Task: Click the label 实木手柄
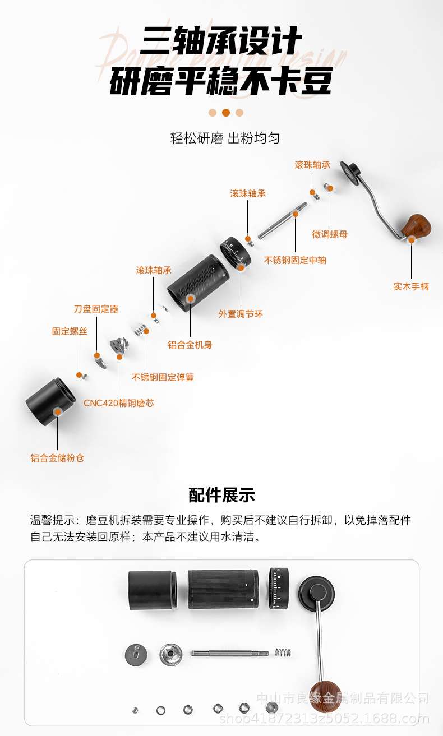tap(411, 286)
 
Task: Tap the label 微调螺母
tap(330, 234)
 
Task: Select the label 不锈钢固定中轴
tap(295, 260)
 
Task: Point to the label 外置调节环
tap(241, 314)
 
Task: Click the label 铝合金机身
tap(190, 345)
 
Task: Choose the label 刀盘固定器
tap(96, 309)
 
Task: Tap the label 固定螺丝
tap(70, 331)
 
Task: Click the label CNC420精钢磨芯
tap(118, 403)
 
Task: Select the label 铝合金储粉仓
tap(57, 458)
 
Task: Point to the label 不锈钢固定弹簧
tap(163, 377)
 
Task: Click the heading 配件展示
tap(221, 496)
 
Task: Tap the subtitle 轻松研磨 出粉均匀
tap(225, 138)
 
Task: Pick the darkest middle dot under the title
tap(225, 113)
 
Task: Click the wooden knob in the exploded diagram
tap(416, 226)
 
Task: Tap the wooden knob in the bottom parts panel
tap(326, 695)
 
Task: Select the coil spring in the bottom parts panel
tap(283, 652)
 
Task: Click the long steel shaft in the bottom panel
tap(229, 653)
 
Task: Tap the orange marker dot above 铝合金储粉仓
tap(57, 412)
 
